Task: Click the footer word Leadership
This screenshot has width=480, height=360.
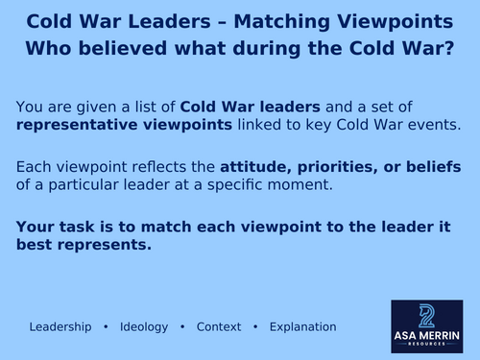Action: tap(60, 326)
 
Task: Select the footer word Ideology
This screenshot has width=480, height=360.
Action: tap(144, 326)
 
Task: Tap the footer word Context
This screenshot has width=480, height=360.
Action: tap(218, 326)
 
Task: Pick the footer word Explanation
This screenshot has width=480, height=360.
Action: tap(302, 326)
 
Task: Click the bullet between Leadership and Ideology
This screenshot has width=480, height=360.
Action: tap(106, 326)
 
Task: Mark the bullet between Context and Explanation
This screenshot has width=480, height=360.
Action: tap(255, 326)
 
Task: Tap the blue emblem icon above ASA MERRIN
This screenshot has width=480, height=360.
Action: tap(427, 315)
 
